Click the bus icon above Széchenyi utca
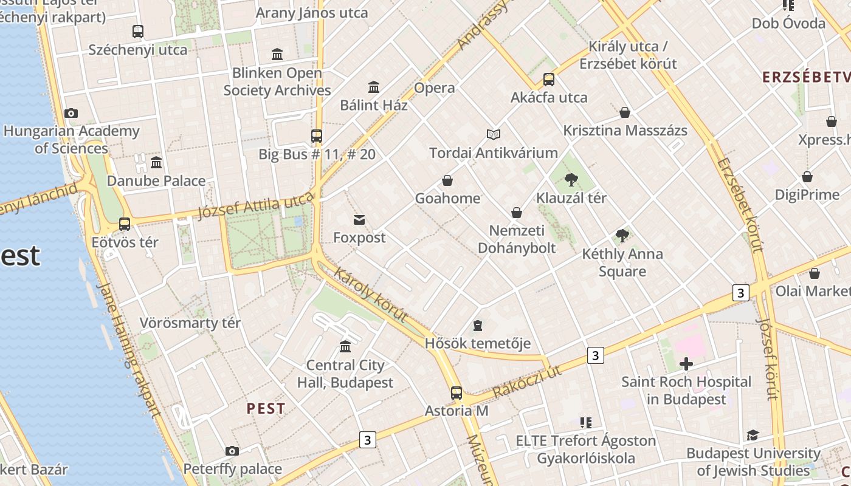138,31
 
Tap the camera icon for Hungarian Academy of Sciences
71,113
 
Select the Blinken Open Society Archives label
277,82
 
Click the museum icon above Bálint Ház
374,87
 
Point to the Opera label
434,88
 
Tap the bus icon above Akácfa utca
549,80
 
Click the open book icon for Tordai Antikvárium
494,134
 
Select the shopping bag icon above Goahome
447,180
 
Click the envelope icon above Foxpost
359,219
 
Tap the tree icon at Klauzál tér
571,179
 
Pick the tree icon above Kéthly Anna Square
622,236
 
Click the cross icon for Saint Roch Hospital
686,364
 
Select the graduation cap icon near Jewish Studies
753,435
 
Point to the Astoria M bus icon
457,393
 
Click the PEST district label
266,408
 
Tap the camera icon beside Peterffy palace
232,451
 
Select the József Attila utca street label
256,204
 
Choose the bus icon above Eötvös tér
125,224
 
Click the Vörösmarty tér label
190,323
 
